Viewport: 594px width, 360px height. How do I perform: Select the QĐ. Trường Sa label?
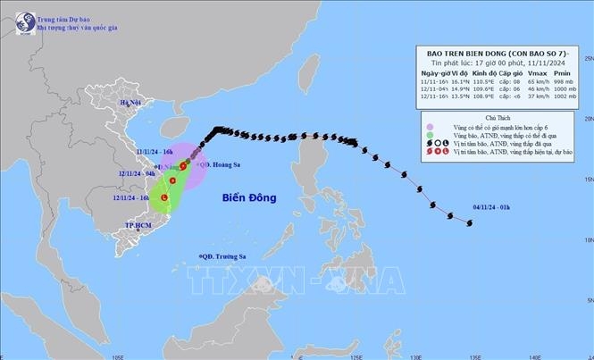(x=225, y=257)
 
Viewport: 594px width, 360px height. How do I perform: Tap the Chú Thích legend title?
(x=498, y=117)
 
